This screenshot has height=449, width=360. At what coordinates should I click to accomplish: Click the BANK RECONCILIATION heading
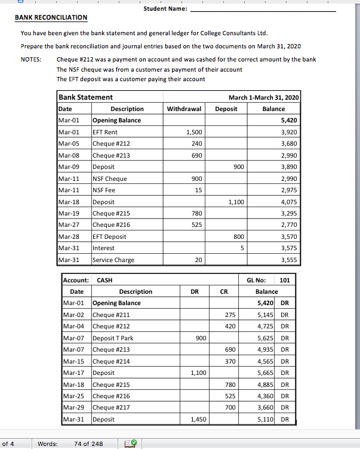coord(51,18)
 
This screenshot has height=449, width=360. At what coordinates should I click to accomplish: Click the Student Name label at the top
coord(165,9)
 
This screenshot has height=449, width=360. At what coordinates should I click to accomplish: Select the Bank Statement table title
coord(85,97)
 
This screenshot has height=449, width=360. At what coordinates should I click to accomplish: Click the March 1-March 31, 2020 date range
coord(264,97)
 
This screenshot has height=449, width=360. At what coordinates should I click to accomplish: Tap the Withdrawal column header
coord(183,109)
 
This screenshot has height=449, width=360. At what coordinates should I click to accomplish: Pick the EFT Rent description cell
coord(104,132)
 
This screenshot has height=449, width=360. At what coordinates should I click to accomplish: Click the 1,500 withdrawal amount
coord(194,132)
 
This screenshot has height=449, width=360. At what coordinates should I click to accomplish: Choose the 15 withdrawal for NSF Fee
coord(198,190)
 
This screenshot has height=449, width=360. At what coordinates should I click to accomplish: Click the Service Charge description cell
coord(113,260)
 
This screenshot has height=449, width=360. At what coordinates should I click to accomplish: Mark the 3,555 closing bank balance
coord(289,260)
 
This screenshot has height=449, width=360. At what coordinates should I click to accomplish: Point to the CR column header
coord(223,291)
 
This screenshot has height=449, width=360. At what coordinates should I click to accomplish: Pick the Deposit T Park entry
coord(113,338)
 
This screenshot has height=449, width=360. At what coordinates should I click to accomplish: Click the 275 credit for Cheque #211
coord(229,315)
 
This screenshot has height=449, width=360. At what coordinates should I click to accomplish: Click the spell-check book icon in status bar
coord(130,444)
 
